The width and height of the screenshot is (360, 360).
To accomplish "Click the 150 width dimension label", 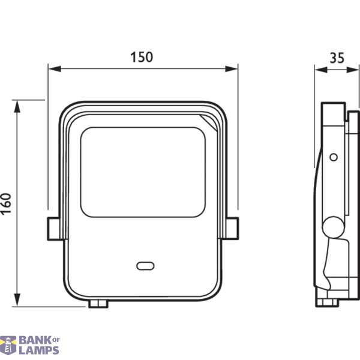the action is pos(142,57).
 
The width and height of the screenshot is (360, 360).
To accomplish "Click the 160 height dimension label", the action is pos(6,204).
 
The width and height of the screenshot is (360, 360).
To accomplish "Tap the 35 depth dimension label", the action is pos(337,58).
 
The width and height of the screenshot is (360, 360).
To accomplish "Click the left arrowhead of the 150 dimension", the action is pos(55,68).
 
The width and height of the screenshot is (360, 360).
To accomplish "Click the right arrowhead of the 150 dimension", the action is pos(231,68).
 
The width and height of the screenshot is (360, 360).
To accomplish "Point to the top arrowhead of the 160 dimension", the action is pos(17,107).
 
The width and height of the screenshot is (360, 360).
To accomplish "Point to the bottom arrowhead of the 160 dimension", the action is pos(17,300).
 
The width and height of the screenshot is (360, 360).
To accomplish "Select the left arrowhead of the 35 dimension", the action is pos(321,70).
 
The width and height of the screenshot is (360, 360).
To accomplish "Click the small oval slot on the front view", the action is pos(145,266).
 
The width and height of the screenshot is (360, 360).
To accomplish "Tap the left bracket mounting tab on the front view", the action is pos(53,229).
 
